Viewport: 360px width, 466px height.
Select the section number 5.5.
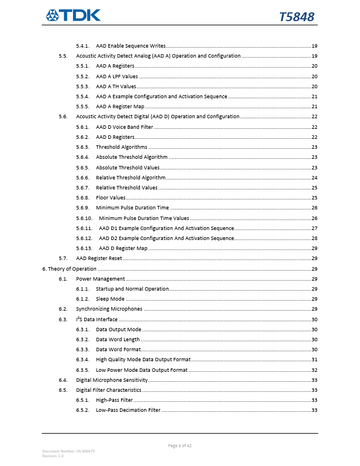pyautogui.click(x=63, y=56)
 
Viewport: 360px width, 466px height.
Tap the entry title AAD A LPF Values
pyautogui.click(x=117, y=76)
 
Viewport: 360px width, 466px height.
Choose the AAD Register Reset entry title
pyautogui.click(x=99, y=258)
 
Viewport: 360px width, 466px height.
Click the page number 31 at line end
pyautogui.click(x=314, y=360)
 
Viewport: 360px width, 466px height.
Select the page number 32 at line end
pyautogui.click(x=314, y=370)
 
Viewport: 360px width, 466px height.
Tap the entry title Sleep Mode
pyautogui.click(x=110, y=299)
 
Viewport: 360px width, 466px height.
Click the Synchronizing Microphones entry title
pyautogui.click(x=109, y=309)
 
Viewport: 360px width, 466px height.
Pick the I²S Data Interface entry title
pyautogui.click(x=92, y=319)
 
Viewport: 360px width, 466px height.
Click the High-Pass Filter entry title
pyautogui.click(x=114, y=400)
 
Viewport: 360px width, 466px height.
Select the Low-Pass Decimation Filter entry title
pyautogui.click(x=128, y=410)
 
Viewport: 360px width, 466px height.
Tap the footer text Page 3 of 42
pyautogui.click(x=179, y=445)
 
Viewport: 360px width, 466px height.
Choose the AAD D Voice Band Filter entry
pyautogui.click(x=124, y=127)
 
